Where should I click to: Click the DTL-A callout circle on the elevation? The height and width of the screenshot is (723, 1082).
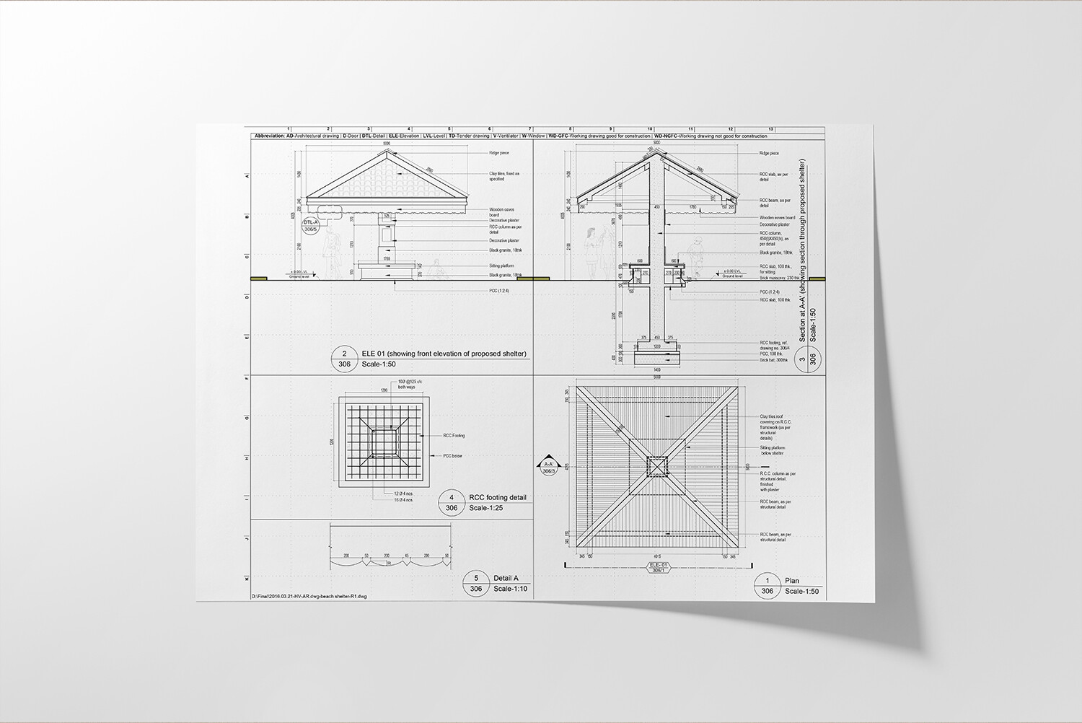click(x=312, y=226)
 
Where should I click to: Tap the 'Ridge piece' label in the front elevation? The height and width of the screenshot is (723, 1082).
click(x=499, y=153)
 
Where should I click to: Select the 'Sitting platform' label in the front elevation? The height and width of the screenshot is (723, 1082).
click(x=501, y=266)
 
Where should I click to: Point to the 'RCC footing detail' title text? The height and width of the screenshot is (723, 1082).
click(x=498, y=497)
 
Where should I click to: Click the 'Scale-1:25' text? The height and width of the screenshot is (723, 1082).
click(x=486, y=508)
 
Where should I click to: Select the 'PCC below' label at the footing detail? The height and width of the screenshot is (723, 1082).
click(x=452, y=455)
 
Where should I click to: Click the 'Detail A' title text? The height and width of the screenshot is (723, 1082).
click(x=506, y=578)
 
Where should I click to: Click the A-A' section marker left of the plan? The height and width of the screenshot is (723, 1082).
click(x=548, y=466)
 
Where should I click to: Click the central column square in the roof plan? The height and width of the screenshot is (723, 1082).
click(x=656, y=467)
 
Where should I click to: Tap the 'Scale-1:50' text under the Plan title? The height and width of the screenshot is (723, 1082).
click(x=802, y=591)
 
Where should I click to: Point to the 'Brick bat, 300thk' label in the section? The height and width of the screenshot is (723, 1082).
click(x=773, y=359)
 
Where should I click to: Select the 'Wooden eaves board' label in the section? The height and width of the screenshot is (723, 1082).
click(x=777, y=217)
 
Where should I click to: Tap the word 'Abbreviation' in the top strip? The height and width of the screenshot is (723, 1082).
click(x=269, y=136)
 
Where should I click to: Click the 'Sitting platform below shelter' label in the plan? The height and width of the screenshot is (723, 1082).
click(x=772, y=450)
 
